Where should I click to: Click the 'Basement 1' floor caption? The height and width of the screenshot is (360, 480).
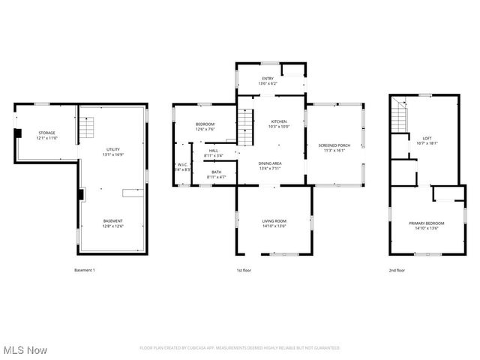click(x=85, y=270)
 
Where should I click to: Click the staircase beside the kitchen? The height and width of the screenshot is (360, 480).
click(x=246, y=126)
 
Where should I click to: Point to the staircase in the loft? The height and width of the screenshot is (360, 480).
click(x=400, y=118)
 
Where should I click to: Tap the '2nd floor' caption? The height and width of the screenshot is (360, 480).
click(x=397, y=270)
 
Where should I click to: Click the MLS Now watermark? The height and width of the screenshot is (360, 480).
click(x=25, y=350)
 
